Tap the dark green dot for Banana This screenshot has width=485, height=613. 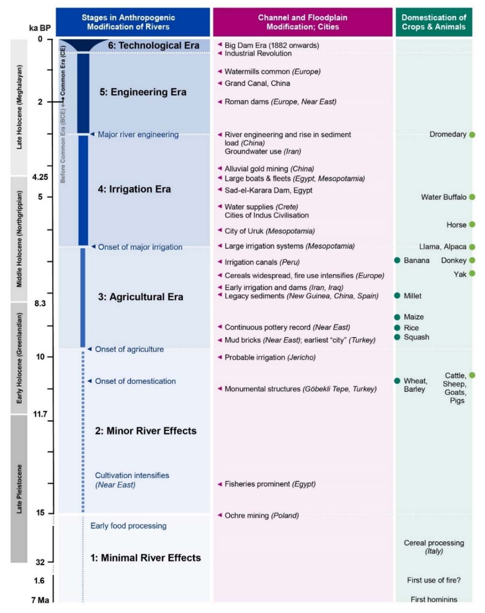(397, 260)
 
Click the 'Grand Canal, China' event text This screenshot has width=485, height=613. (257, 83)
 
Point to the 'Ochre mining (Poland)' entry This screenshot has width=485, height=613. (261, 516)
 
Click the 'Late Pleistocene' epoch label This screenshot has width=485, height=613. (19, 489)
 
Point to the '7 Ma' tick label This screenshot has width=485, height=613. (40, 600)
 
